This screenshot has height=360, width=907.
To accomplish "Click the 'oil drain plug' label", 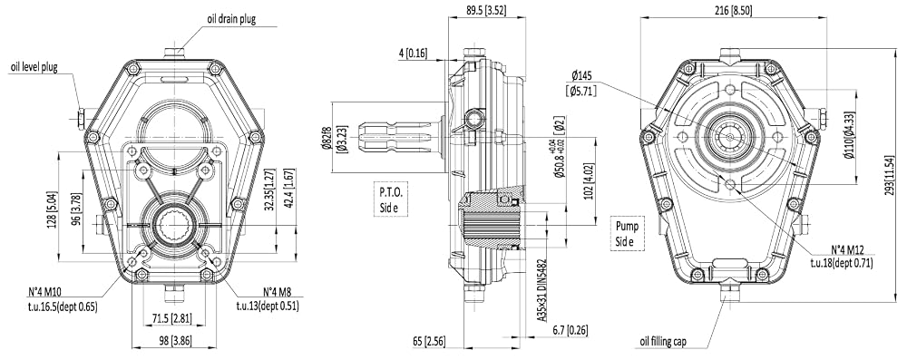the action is (x=231, y=19).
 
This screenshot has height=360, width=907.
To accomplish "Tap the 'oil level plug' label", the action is (x=34, y=66).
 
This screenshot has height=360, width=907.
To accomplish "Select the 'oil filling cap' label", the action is (x=663, y=342).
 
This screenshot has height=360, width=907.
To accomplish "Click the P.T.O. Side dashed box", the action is (x=391, y=199).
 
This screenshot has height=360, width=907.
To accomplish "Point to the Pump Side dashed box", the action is (x=628, y=234).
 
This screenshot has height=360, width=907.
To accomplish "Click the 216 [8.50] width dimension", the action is (x=734, y=10).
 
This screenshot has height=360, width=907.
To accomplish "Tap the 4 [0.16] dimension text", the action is (x=413, y=54).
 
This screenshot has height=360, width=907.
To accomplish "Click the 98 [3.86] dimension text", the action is (x=174, y=341).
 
